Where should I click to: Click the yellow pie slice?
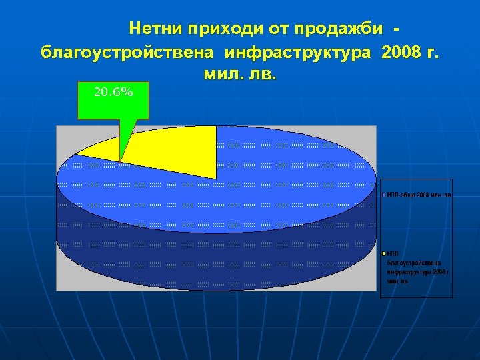click(167, 150)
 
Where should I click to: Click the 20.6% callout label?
click(113, 93)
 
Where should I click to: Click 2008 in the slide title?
click(403, 52)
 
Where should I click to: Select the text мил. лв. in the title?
click(237, 73)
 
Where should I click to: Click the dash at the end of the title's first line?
click(398, 29)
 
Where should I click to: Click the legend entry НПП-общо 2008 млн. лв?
click(419, 195)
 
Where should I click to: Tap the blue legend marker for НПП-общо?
click(383, 195)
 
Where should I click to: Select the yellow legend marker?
click(383, 254)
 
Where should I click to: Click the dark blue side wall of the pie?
click(213, 253)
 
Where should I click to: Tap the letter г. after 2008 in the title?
click(433, 52)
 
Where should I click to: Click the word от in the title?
click(278, 29)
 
